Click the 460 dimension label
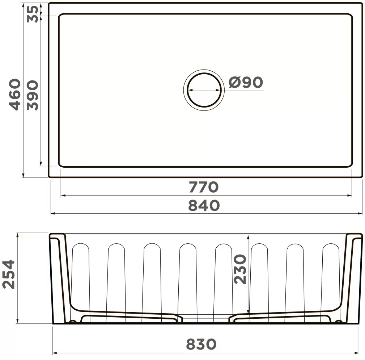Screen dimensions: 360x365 click(14, 95)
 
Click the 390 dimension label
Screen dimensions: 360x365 click(32, 96)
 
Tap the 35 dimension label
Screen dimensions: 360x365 click(32, 14)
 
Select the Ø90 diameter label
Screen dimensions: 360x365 click(246, 83)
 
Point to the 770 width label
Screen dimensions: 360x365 click(203, 187)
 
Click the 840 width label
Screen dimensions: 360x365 click(204, 206)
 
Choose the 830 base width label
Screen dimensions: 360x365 click(201, 344)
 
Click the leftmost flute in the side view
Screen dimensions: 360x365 click(81, 275)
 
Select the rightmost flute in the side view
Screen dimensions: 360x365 click(330, 275)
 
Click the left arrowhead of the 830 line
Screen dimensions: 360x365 click(55, 353)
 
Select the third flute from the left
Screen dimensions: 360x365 click(152, 275)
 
